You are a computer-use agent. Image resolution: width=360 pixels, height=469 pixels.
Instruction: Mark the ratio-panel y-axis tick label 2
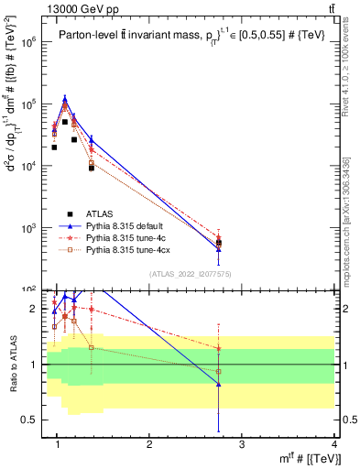pyautogui.click(x=34, y=309)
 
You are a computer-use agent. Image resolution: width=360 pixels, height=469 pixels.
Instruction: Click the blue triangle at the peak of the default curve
pyautogui.click(x=65, y=99)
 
